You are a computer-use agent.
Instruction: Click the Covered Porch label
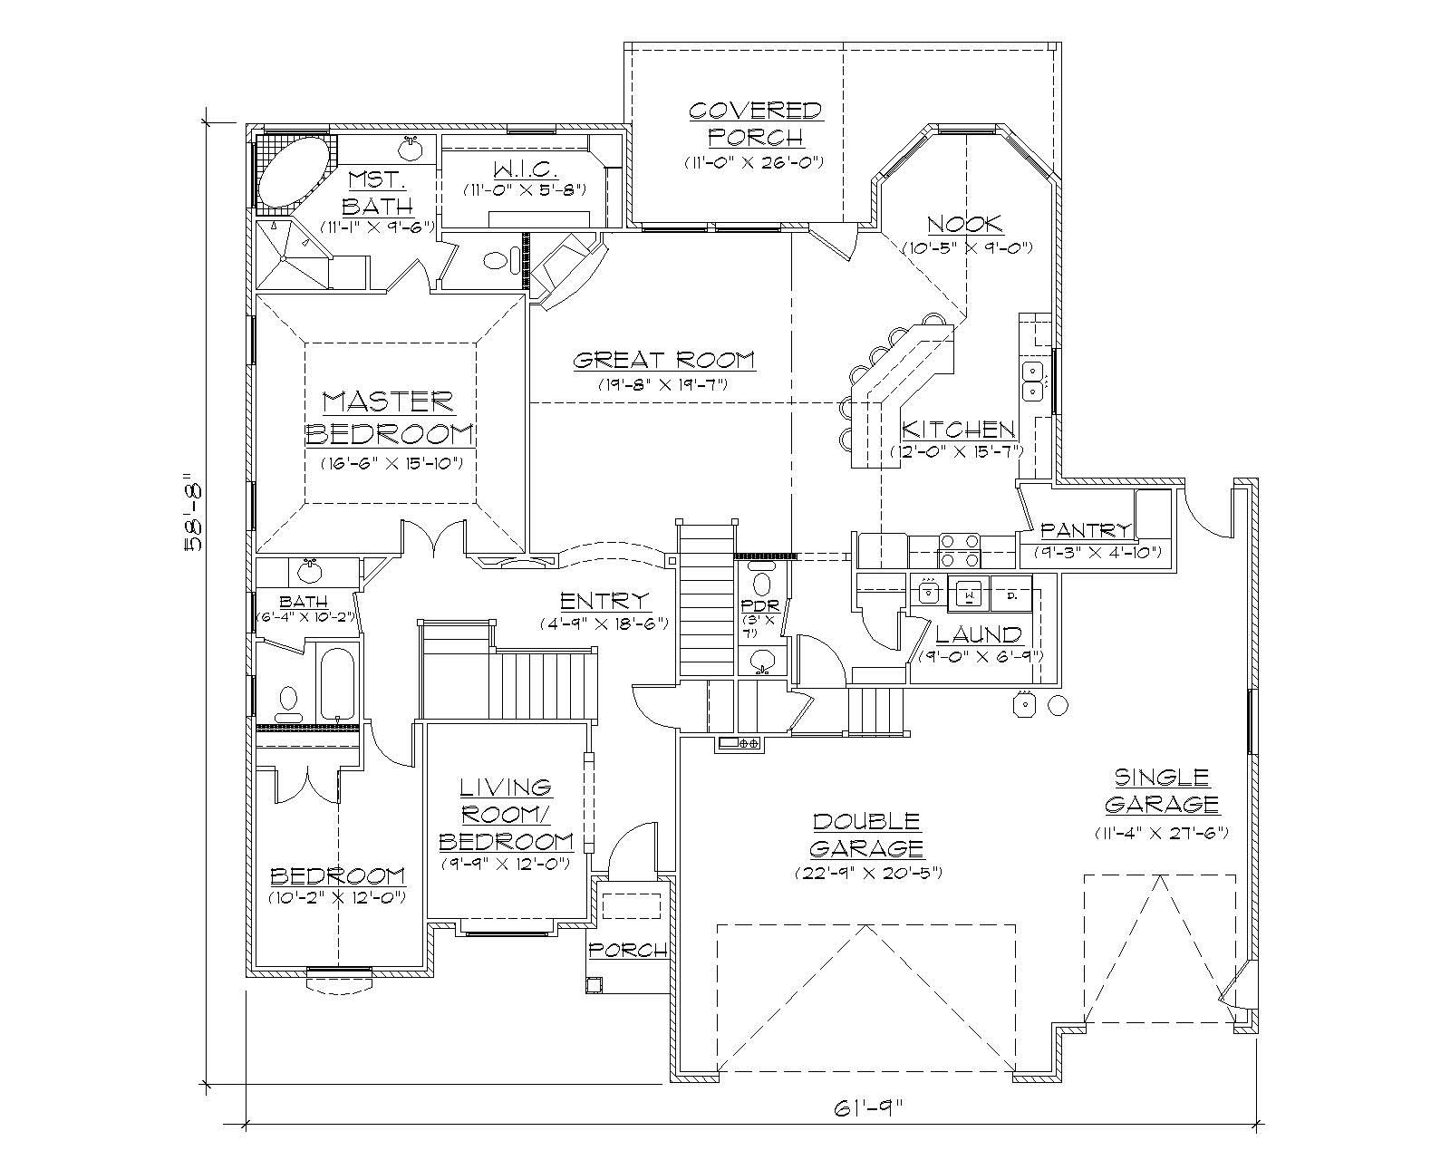(755, 123)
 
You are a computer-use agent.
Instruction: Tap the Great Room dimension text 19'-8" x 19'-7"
(663, 383)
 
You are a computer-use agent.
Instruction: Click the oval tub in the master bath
(292, 171)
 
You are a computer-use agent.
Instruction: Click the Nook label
(965, 224)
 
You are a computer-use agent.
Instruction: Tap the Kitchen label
(958, 430)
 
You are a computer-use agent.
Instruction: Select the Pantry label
(1086, 530)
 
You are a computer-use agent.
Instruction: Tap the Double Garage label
(867, 835)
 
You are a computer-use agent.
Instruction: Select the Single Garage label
(1161, 790)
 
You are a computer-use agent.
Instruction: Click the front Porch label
(628, 950)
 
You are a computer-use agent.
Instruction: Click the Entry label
(604, 601)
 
